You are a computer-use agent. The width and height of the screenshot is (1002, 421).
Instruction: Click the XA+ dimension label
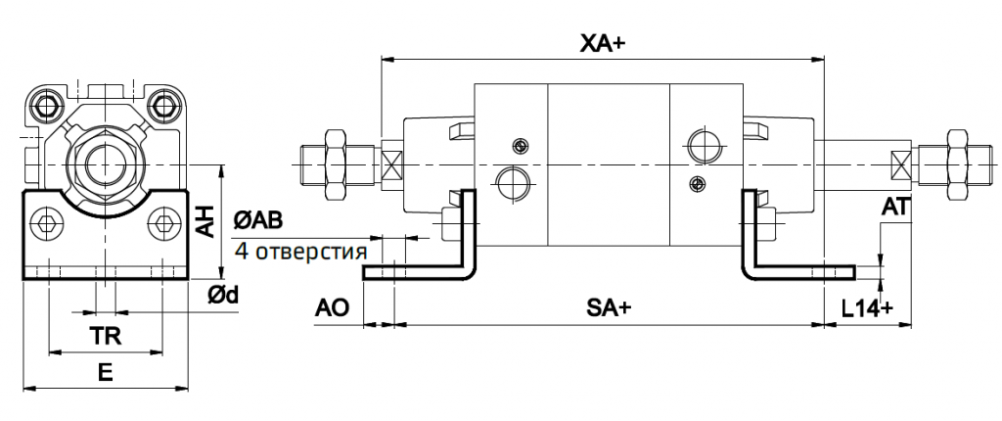click(602, 43)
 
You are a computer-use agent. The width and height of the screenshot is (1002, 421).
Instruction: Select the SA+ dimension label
click(608, 307)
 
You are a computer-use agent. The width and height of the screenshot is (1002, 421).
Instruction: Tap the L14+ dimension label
click(868, 307)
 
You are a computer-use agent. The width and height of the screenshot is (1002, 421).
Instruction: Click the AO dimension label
click(332, 307)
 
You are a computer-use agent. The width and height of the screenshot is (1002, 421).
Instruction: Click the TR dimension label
click(105, 335)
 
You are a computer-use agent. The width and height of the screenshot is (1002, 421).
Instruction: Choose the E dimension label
click(105, 372)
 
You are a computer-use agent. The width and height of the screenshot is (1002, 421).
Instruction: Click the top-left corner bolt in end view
click(44, 103)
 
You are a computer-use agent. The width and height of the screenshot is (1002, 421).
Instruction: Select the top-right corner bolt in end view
click(163, 103)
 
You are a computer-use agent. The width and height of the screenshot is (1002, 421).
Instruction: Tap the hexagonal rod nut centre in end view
click(104, 161)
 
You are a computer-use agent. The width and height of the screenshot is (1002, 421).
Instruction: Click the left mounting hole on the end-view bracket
click(45, 227)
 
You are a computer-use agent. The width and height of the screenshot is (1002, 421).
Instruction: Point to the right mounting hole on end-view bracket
click(162, 227)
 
